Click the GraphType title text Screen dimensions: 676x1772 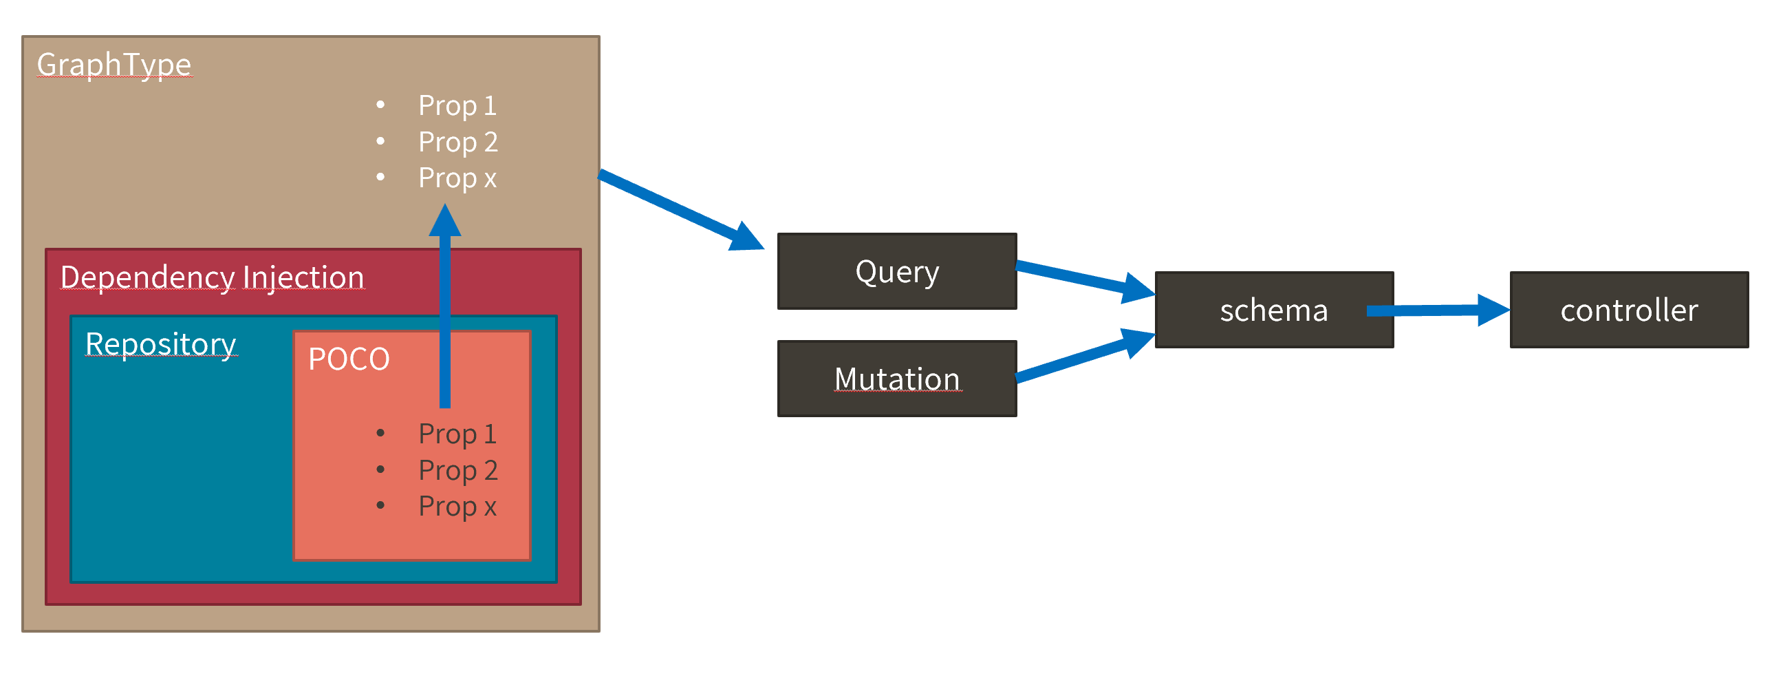pyautogui.click(x=114, y=65)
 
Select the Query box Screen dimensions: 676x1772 pyautogui.click(x=896, y=271)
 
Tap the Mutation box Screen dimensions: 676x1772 pyautogui.click(x=896, y=379)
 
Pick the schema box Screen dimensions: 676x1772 pyautogui.click(x=1273, y=310)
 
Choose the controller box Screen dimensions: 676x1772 pyautogui.click(x=1628, y=310)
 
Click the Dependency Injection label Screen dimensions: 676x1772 pyautogui.click(x=212, y=277)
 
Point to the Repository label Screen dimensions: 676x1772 pyautogui.click(x=160, y=344)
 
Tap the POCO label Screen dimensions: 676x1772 pyautogui.click(x=349, y=359)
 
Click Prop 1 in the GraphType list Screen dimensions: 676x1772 pyautogui.click(x=457, y=105)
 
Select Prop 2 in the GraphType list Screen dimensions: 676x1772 pyautogui.click(x=458, y=142)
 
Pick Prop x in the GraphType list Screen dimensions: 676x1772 pyautogui.click(x=457, y=178)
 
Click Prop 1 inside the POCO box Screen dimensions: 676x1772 pyautogui.click(x=457, y=434)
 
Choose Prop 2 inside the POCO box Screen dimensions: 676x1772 pyautogui.click(x=458, y=470)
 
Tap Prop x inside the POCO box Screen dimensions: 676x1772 pyautogui.click(x=457, y=507)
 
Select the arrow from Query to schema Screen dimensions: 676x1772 pyautogui.click(x=1083, y=279)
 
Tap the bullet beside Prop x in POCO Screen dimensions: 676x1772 pyautogui.click(x=380, y=506)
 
